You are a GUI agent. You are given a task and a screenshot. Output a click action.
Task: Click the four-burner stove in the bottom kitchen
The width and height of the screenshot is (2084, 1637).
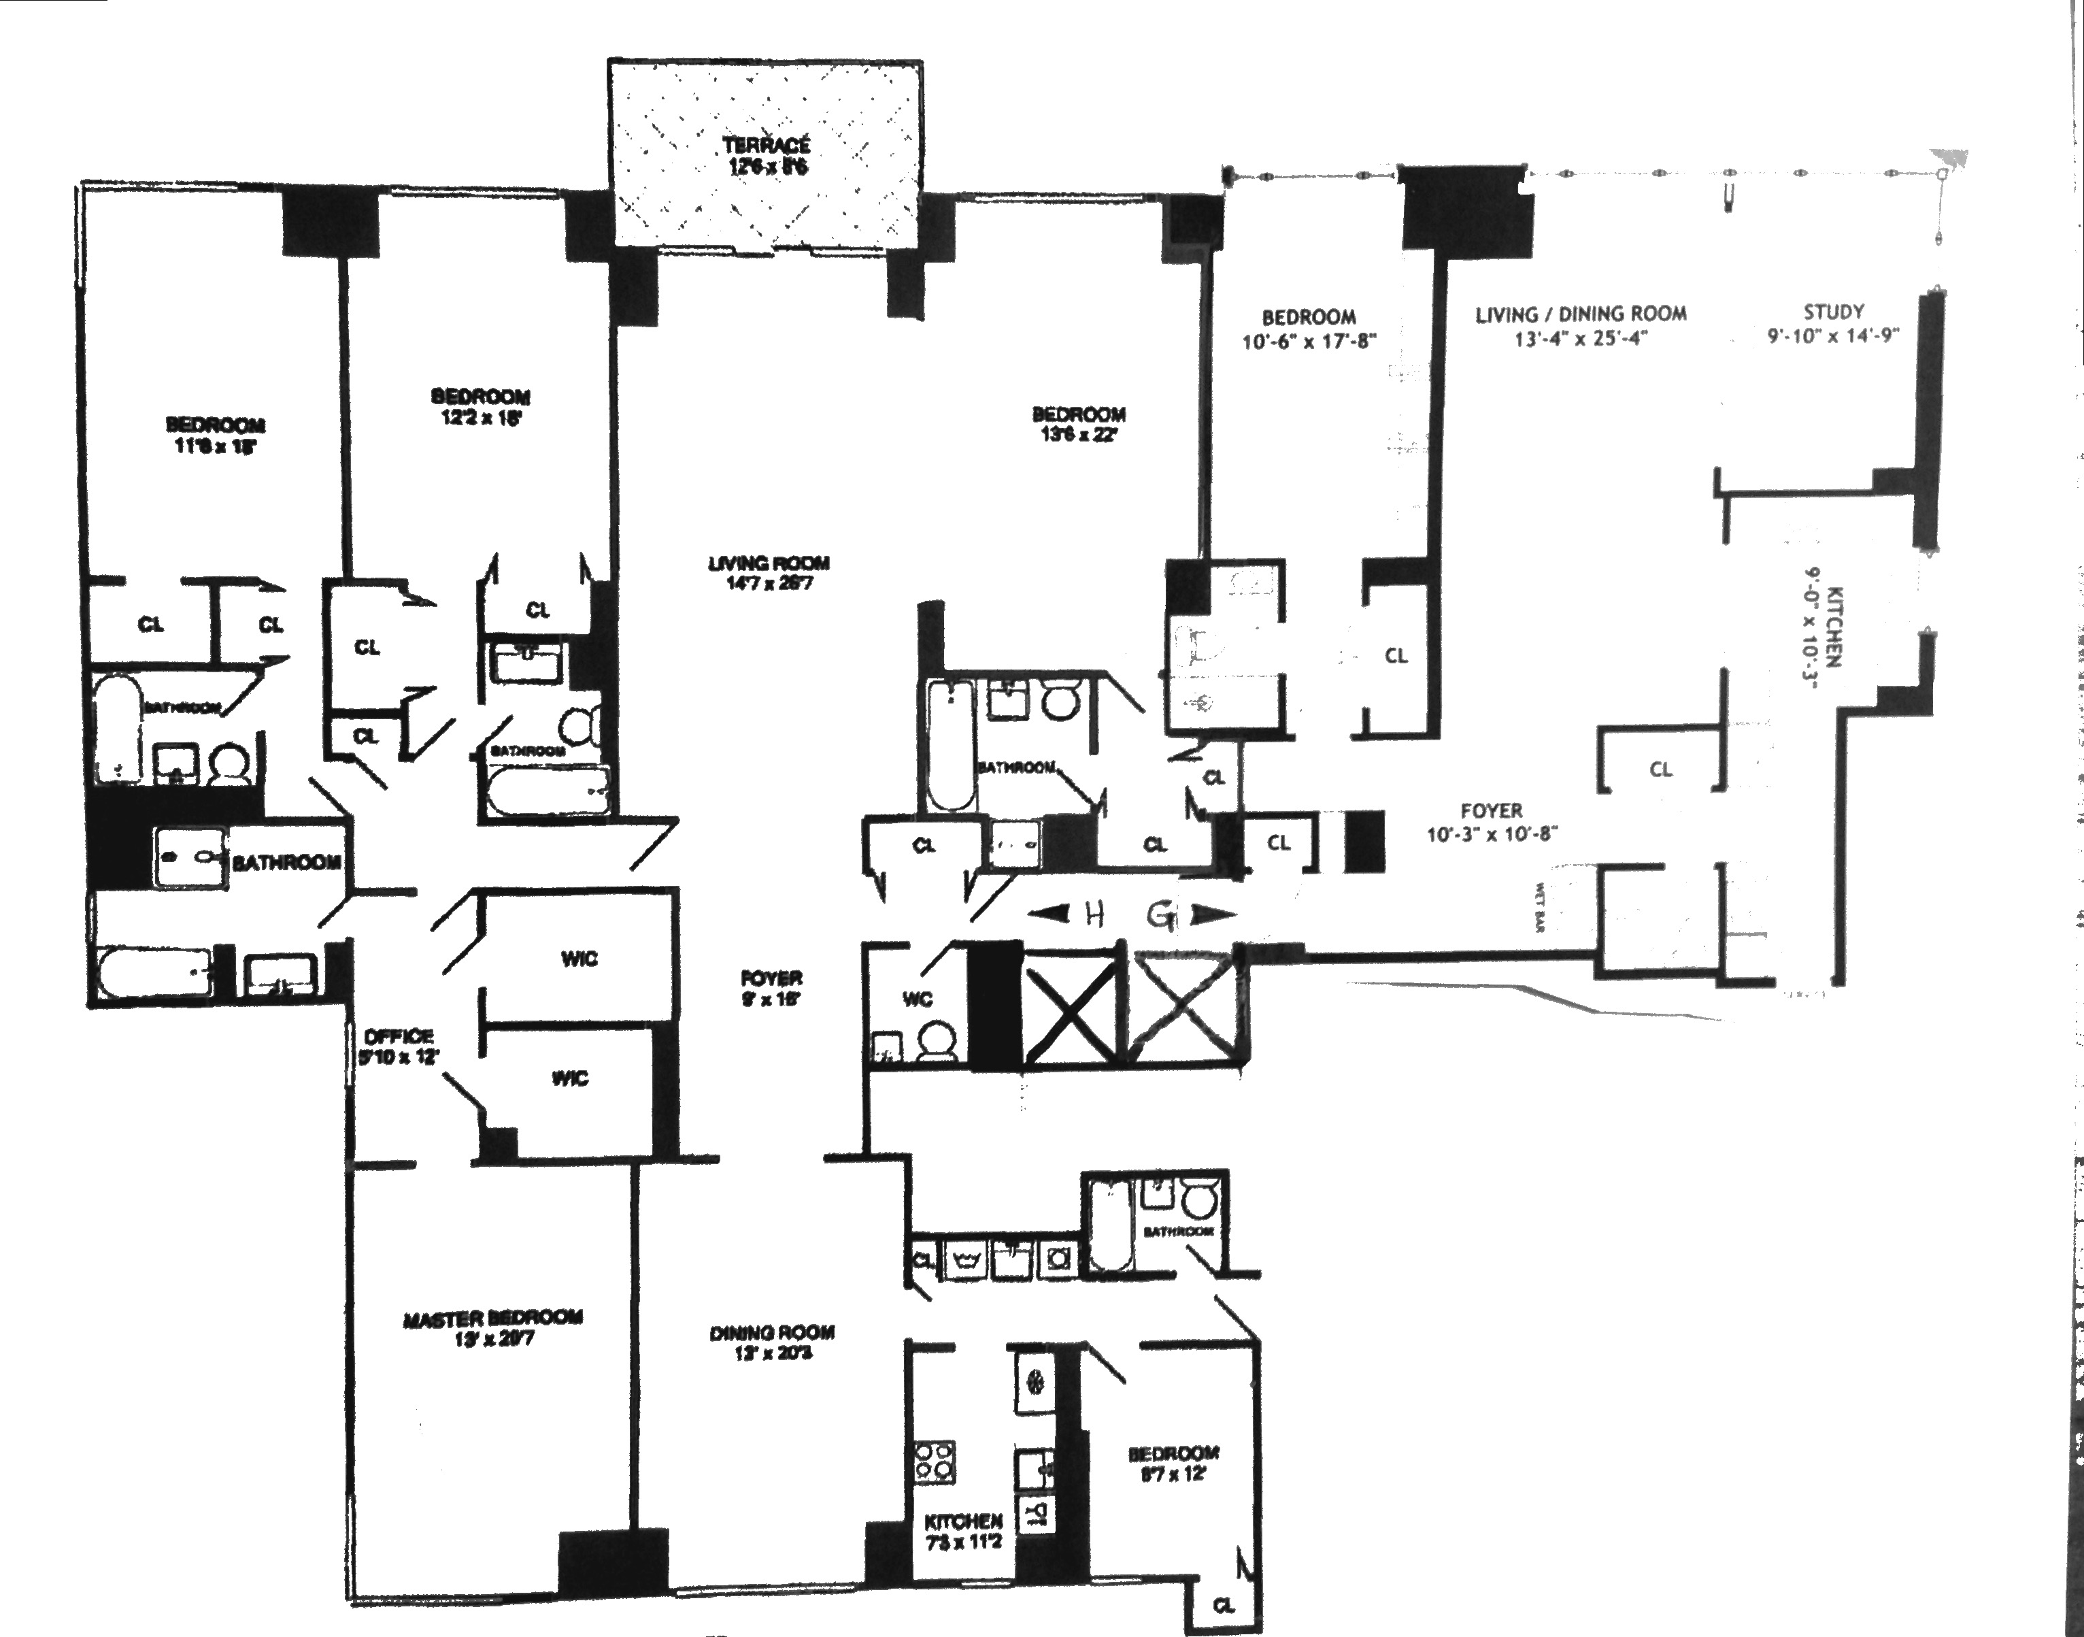pos(935,1464)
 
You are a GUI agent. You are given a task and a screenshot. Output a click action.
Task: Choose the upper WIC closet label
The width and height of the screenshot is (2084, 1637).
pos(579,959)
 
